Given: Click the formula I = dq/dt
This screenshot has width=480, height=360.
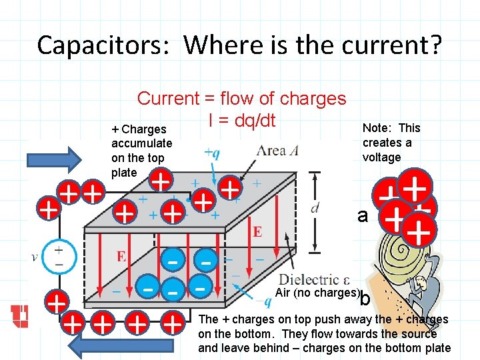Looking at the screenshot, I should pos(242,121).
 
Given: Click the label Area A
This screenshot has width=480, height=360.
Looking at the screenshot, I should pos(279,151).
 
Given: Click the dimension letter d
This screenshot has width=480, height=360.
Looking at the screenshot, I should pos(314,207).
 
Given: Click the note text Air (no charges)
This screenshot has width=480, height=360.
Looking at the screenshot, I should pos(317,293).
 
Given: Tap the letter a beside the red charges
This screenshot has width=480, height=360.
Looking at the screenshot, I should pos(363,215).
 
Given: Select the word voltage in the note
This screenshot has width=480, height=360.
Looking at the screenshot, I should pos(382,157).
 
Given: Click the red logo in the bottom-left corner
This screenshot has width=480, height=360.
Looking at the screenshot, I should pos(20,317).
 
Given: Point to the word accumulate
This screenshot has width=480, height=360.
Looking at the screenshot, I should pos(141,143).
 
